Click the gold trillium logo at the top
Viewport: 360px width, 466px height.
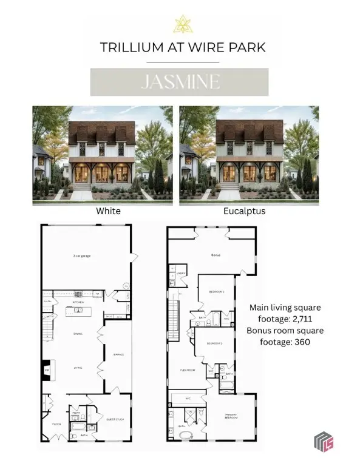180,24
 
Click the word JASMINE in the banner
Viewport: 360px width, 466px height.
180,82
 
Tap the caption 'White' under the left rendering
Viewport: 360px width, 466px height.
108,211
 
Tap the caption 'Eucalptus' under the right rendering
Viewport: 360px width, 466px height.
249,211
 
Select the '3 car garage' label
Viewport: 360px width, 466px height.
81,257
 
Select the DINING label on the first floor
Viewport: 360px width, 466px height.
78,333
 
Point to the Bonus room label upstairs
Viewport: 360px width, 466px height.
215,255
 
